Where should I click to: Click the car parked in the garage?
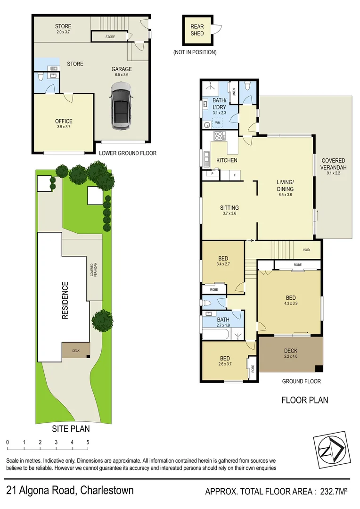(121, 107)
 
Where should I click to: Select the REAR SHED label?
(197, 30)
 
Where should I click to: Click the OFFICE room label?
(64, 121)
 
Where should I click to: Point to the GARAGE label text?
(122, 69)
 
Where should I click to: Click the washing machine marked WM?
(218, 123)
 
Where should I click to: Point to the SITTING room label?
(229, 207)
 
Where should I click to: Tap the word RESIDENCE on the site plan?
(65, 300)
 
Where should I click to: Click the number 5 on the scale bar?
(88, 443)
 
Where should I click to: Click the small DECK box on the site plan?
(75, 351)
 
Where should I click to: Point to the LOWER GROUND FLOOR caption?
(128, 153)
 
